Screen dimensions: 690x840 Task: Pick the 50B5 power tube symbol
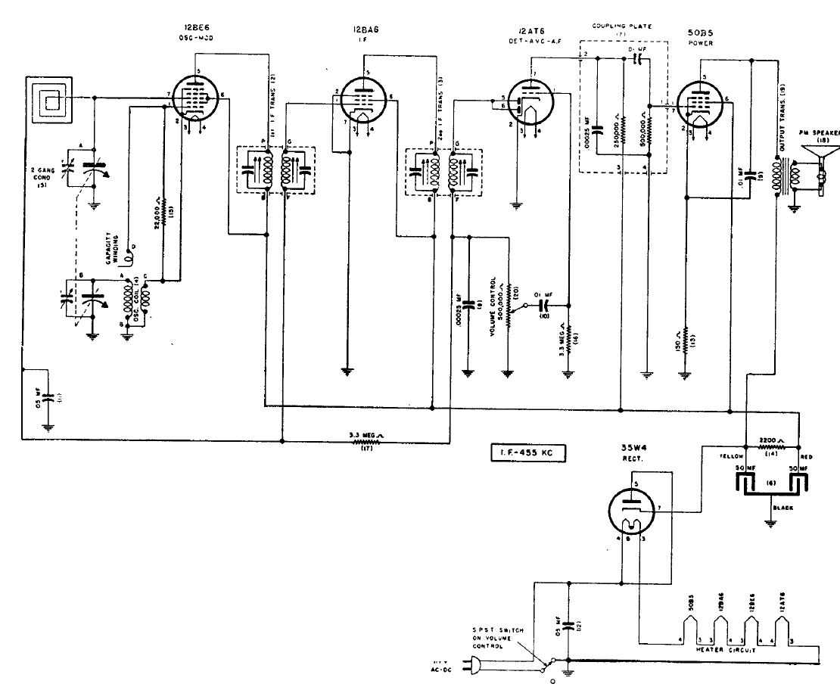(x=700, y=101)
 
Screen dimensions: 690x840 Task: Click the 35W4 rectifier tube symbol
(x=633, y=508)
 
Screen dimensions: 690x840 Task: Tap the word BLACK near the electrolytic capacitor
(x=782, y=509)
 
